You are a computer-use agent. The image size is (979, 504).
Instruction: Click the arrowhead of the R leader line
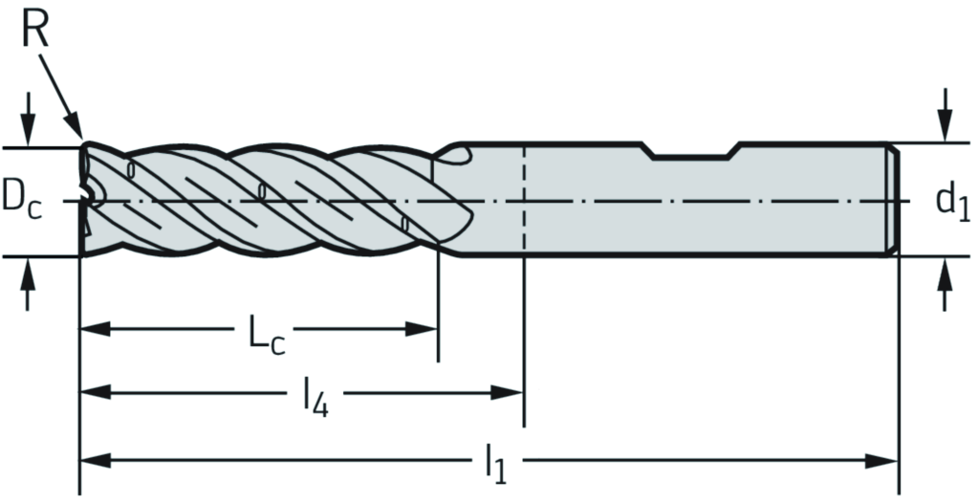[x=76, y=132]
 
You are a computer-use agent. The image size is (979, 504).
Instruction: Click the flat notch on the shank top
[x=693, y=153]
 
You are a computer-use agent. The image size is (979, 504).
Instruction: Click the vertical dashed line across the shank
[x=524, y=201]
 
